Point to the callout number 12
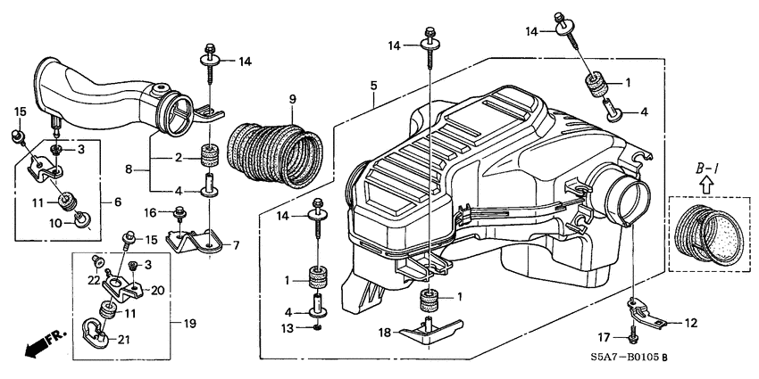coord(691,321)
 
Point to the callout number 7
coord(237,244)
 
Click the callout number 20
coord(158,290)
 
